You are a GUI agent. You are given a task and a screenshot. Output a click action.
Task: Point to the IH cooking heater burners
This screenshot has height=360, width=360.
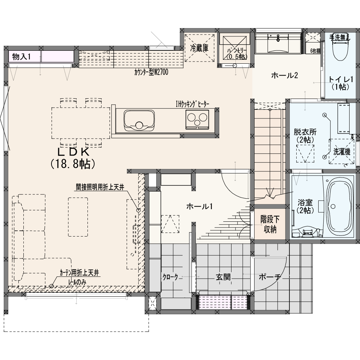(x=197, y=119)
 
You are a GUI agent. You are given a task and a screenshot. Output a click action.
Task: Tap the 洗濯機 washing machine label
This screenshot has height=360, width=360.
(x=342, y=152)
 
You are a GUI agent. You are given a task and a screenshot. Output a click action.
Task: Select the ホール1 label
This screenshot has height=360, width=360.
(x=199, y=206)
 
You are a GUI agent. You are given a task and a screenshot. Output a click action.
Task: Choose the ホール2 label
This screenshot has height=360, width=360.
(x=284, y=75)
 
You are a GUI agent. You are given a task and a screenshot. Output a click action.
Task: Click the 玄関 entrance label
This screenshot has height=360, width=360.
(x=223, y=277)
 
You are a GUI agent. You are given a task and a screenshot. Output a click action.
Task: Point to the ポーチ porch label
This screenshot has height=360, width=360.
(x=270, y=277)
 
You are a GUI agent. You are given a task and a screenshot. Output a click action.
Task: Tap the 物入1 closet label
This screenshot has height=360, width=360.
(x=21, y=57)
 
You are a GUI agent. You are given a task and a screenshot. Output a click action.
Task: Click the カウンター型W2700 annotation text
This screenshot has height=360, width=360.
(x=151, y=72)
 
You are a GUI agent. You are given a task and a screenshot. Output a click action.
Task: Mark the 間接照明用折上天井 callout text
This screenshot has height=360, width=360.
(x=100, y=187)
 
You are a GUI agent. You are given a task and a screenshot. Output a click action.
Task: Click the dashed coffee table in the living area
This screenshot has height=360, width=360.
(x=78, y=217)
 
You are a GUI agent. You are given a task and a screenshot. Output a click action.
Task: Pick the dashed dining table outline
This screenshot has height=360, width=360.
(x=81, y=123)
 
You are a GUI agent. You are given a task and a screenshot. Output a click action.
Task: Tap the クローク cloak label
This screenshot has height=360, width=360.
(x=170, y=277)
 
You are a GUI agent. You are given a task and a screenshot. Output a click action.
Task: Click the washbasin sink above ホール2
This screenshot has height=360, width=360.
(x=278, y=44)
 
